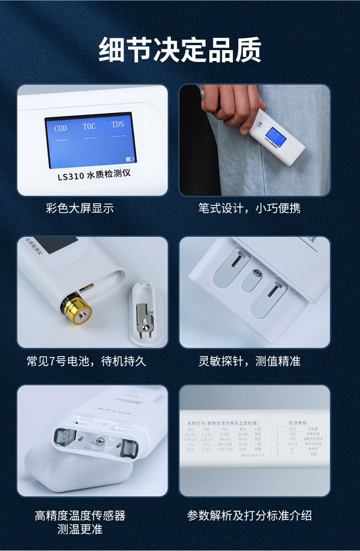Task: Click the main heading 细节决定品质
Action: click(x=180, y=50)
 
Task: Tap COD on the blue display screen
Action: click(x=61, y=128)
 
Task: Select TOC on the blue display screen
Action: click(x=89, y=126)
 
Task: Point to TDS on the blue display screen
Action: click(x=118, y=124)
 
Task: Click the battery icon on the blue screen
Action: click(x=130, y=159)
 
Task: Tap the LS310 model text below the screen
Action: click(x=94, y=175)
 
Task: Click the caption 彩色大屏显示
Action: click(x=80, y=209)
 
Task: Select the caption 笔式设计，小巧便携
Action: click(x=249, y=209)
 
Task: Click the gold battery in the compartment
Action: click(x=77, y=311)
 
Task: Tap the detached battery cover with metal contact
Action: click(x=145, y=314)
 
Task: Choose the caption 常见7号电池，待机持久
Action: click(x=86, y=362)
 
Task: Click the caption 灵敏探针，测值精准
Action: click(x=249, y=362)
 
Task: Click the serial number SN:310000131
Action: click(x=252, y=455)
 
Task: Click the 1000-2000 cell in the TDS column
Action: click(x=225, y=449)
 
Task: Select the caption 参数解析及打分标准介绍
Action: click(x=249, y=515)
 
